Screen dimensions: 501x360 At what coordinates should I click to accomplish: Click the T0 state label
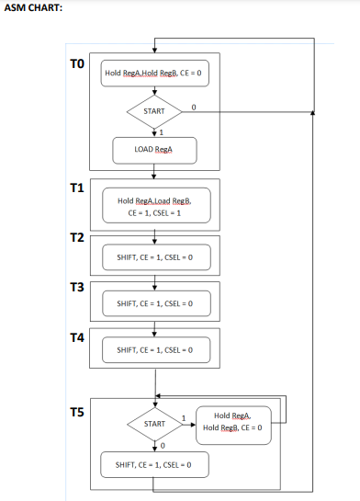point(77,64)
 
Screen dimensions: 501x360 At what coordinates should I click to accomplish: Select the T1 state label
point(77,188)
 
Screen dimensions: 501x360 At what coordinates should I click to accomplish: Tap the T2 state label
point(77,238)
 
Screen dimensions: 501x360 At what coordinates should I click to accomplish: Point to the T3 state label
point(77,288)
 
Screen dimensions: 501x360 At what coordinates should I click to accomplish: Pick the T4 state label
point(77,337)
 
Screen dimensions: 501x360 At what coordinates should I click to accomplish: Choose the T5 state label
point(77,413)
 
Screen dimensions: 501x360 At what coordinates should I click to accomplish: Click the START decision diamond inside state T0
point(154,111)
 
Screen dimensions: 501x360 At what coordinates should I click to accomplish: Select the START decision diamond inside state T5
point(154,424)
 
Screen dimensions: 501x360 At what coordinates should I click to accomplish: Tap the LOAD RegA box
point(154,149)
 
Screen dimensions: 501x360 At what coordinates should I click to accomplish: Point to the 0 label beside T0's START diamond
point(194,107)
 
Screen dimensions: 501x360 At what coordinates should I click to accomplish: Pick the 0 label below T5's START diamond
point(162,446)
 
